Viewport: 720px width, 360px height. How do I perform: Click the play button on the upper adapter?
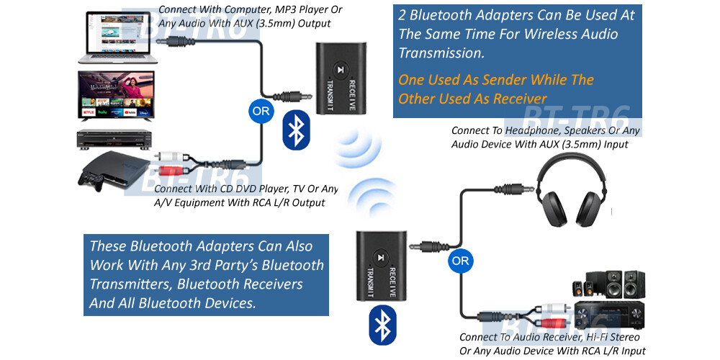coord(339,71)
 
